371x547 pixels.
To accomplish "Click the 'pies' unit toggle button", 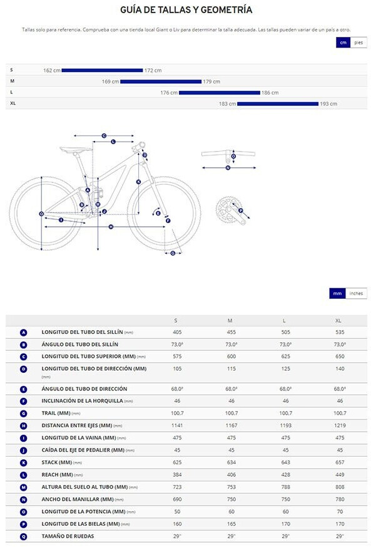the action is (358, 43).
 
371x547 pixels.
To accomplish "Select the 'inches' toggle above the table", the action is (356, 293).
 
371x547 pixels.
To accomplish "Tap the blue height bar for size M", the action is (161, 81).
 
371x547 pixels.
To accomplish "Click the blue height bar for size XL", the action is (278, 103).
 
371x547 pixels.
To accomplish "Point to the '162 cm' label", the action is (51, 70).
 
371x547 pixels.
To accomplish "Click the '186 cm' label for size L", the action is (270, 93).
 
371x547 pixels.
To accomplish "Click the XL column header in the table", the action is (338, 321).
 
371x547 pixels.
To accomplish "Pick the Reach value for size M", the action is (231, 475).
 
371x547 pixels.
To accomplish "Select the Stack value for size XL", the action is (340, 462).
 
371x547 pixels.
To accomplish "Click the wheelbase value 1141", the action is (177, 425).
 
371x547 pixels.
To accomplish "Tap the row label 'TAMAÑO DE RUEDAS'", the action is (68, 536).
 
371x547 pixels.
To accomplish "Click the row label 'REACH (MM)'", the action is (57, 475).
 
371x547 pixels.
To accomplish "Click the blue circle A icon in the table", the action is (23, 333).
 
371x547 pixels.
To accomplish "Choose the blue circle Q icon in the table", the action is (23, 536).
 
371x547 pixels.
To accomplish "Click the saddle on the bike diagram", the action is (76, 149).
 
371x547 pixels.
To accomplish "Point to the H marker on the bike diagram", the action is (111, 227).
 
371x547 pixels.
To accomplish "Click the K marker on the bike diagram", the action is (138, 182).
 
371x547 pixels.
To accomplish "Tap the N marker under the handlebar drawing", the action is (228, 168).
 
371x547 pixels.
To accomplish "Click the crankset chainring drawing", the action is (226, 210).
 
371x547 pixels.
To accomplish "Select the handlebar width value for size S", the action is (177, 499).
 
